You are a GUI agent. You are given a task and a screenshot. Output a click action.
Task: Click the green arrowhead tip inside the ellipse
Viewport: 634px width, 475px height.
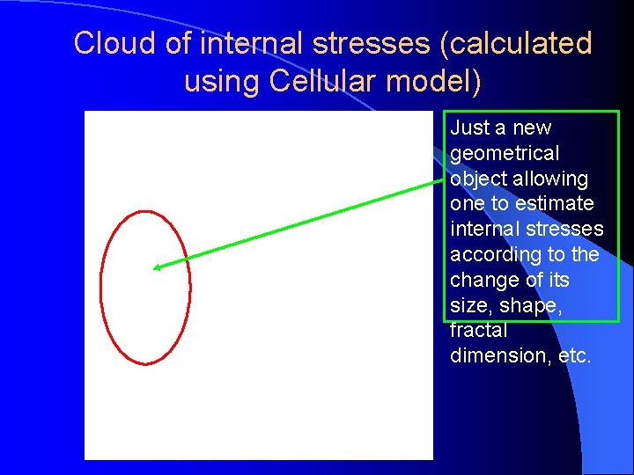tap(155, 267)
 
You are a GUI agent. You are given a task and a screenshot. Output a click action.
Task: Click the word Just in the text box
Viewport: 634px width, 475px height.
tap(468, 128)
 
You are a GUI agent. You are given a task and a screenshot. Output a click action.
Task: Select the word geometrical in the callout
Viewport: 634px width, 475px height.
tap(504, 153)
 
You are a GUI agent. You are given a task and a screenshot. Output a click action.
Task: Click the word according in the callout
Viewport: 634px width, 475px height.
tap(494, 255)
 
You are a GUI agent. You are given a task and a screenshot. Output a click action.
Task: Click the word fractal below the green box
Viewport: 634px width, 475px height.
tap(478, 331)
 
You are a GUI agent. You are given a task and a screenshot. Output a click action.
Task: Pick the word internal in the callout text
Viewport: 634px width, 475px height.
tap(483, 230)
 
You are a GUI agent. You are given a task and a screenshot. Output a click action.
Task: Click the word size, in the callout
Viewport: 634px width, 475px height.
tap(471, 305)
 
